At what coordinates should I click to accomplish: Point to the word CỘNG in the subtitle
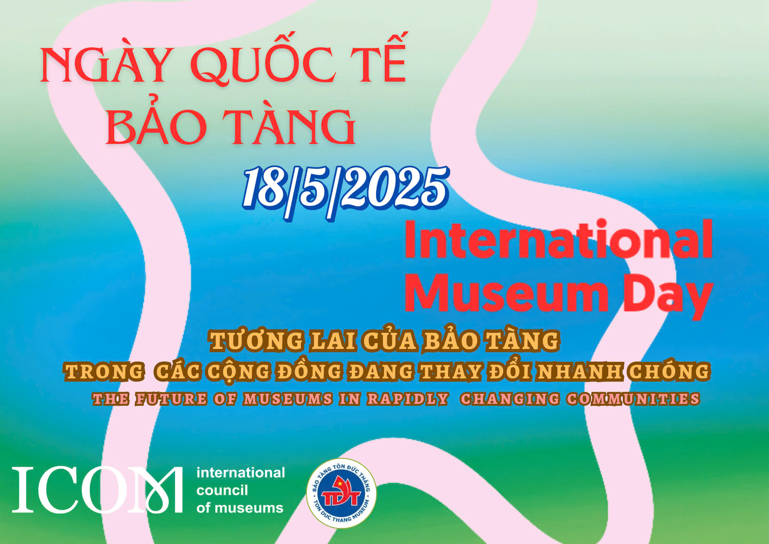238,372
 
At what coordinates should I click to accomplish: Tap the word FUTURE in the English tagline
171,399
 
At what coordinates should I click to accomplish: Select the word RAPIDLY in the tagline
407,399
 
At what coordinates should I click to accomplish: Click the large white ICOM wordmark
98,490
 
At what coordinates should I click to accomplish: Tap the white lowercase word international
240,473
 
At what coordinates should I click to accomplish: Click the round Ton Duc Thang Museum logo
341,493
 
